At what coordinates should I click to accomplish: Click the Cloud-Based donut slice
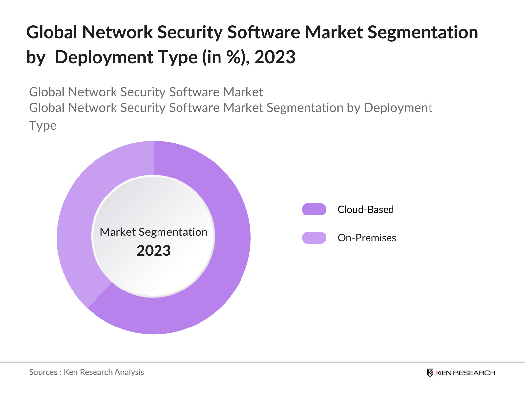[226, 249]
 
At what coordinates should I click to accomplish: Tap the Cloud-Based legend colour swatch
[314, 209]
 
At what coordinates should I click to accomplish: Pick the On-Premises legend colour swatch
[314, 238]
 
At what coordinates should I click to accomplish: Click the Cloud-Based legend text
[366, 209]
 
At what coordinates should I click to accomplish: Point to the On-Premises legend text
[367, 238]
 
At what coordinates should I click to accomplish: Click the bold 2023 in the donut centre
[154, 251]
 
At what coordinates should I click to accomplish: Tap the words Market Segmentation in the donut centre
[154, 232]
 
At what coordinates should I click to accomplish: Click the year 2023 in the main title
[275, 57]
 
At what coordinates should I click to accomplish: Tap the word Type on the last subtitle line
[43, 125]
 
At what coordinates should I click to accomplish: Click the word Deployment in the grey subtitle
[398, 108]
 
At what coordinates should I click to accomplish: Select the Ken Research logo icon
[430, 373]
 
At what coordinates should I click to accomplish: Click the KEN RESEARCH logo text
[466, 373]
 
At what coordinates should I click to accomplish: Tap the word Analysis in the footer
[129, 372]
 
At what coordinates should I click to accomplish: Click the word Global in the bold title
[52, 32]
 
